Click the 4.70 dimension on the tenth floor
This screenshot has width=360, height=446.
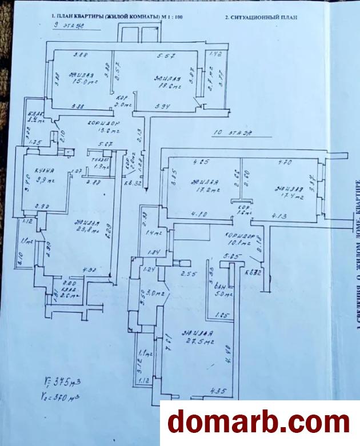click(283, 163)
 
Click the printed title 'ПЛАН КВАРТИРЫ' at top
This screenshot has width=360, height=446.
click(109, 18)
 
